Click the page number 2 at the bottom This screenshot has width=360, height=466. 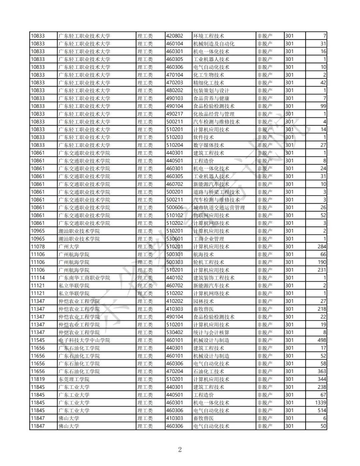tap(180, 449)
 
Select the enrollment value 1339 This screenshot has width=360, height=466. tap(320, 403)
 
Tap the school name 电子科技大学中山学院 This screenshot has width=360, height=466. tap(84, 340)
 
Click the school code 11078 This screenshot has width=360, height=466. tap(38, 247)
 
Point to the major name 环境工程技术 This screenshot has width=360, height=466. tap(209, 36)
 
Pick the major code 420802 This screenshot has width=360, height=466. tap(175, 36)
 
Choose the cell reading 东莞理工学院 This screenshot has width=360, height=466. tap(74, 379)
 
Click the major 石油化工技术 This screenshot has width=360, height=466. tap(209, 371)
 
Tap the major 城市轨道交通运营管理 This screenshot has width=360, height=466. tap(219, 207)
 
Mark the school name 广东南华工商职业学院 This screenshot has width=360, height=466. tap(84, 278)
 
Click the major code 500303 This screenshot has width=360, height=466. tap(175, 262)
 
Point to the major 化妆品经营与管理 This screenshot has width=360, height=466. tap(214, 114)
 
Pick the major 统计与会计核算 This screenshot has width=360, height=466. tap(211, 332)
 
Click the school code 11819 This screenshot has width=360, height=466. tap(38, 379)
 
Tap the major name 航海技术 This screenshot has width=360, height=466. tap(203, 254)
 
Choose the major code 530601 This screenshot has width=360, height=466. tap(175, 239)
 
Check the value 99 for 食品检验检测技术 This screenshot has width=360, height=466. tap(323, 106)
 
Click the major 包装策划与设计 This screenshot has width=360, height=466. tap(211, 90)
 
